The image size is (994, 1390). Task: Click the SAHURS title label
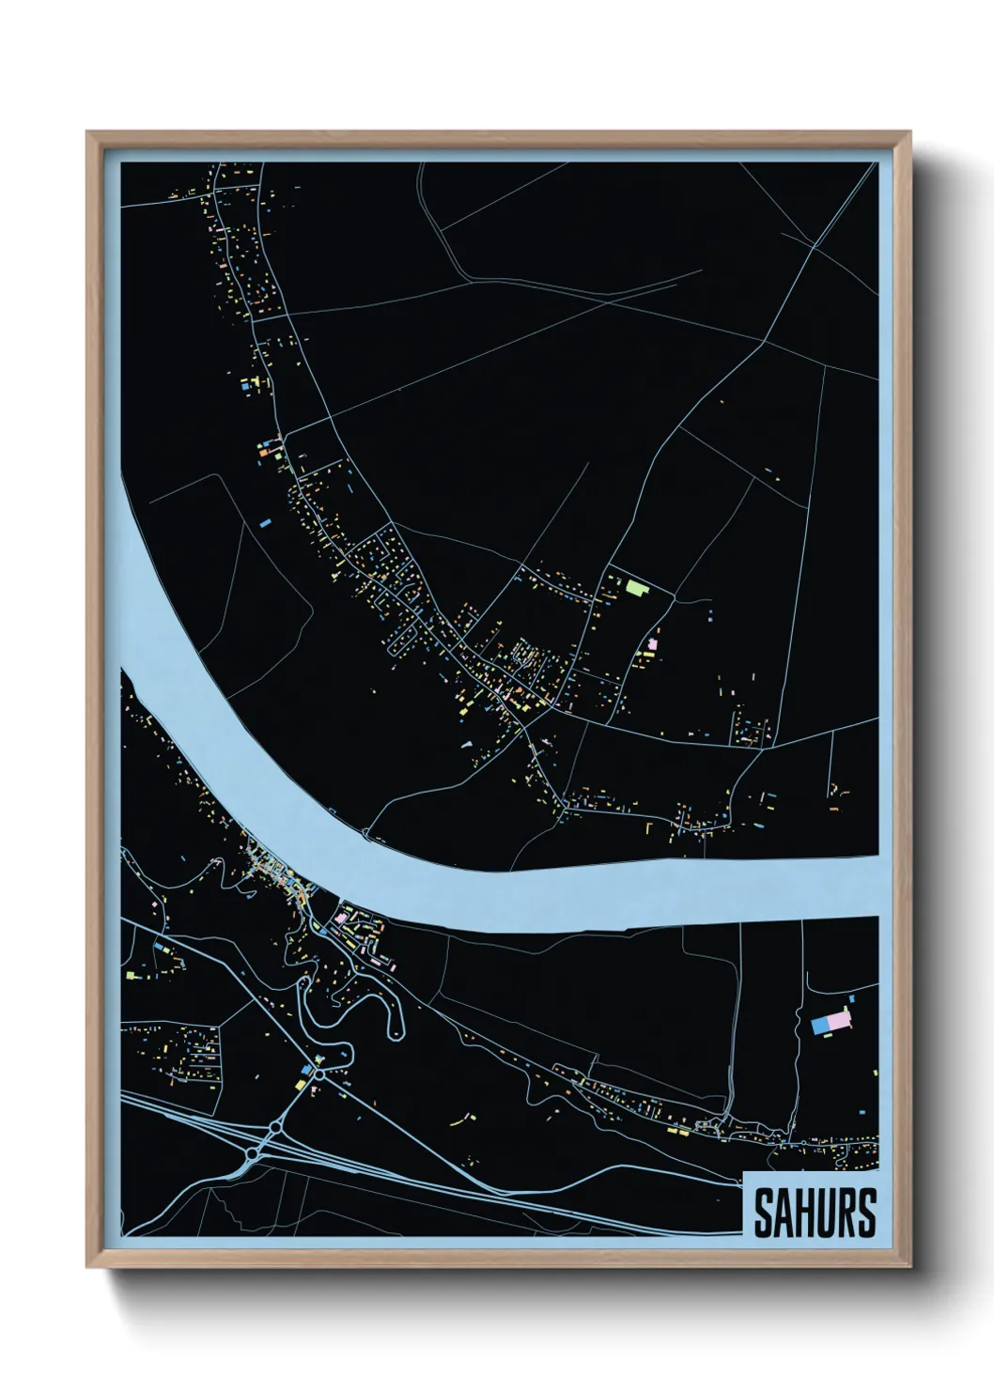pyautogui.click(x=814, y=1212)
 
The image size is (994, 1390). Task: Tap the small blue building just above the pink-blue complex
pyautogui.click(x=851, y=998)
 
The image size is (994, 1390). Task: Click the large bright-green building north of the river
pyautogui.click(x=638, y=589)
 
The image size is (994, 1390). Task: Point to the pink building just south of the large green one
pyautogui.click(x=654, y=643)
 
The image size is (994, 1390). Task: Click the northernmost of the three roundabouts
pyautogui.click(x=319, y=1073)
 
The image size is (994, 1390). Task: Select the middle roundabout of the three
pyautogui.click(x=275, y=1126)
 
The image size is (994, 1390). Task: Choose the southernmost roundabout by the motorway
pyautogui.click(x=252, y=1152)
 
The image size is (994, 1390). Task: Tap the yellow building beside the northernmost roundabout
pyautogui.click(x=301, y=1084)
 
